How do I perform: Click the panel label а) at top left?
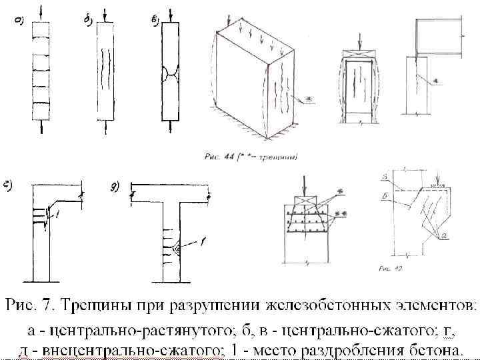tap(19, 21)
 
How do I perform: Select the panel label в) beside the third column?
tap(155, 21)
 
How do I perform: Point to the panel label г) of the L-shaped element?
tap(9, 187)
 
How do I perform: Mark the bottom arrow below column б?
tap(105, 129)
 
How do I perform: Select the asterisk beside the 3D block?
tap(308, 101)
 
